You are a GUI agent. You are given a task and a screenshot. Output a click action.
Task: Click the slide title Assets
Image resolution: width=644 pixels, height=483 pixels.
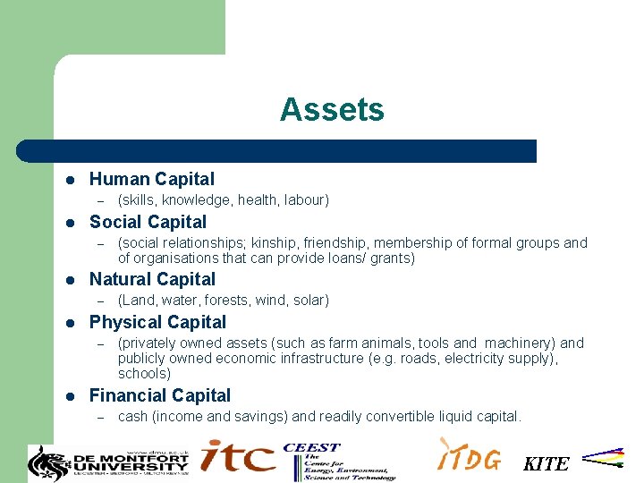pyautogui.click(x=332, y=110)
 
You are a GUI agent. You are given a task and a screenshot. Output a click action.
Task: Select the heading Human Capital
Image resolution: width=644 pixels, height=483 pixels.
pyautogui.click(x=152, y=179)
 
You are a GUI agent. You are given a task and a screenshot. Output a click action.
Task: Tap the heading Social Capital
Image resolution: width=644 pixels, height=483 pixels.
pyautogui.click(x=148, y=222)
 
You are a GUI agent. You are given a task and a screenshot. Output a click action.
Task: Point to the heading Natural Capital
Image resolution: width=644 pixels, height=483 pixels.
pyautogui.click(x=152, y=279)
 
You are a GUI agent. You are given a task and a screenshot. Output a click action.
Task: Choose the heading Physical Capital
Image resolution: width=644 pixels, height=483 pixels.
pyautogui.click(x=157, y=322)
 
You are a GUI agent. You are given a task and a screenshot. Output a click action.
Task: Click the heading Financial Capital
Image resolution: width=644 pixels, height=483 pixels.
pyautogui.click(x=160, y=395)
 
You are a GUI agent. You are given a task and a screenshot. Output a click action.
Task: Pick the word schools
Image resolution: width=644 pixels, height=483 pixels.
pyautogui.click(x=144, y=373)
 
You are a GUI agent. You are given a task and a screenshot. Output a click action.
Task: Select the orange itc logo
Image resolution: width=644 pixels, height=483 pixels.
pyautogui.click(x=237, y=457)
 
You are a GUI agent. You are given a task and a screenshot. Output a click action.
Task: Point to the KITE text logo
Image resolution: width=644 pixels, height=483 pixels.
pyautogui.click(x=546, y=463)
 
